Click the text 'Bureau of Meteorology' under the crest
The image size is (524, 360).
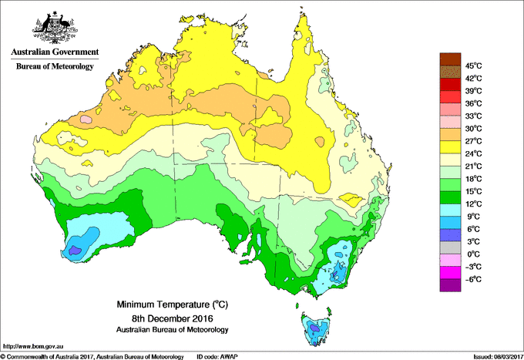[54, 66]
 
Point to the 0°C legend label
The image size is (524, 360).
[472, 254]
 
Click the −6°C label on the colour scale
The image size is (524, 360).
[472, 279]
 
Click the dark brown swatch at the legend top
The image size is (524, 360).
[448, 59]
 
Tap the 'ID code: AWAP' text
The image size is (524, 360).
[220, 356]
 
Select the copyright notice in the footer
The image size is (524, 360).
[92, 356]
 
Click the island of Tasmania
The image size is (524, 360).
[314, 328]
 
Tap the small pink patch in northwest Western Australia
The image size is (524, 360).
[86, 120]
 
